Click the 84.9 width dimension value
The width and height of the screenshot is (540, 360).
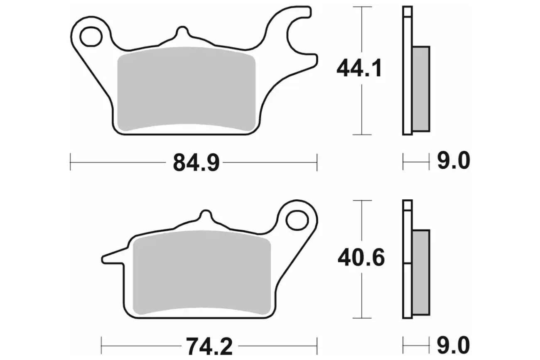(196, 163)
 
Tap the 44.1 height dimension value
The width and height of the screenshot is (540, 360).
(359, 68)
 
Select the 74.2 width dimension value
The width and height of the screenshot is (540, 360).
(209, 346)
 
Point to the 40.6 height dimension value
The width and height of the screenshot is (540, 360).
(361, 258)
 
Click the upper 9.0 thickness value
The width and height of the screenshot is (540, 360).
(454, 160)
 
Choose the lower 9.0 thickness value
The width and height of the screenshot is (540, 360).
(454, 345)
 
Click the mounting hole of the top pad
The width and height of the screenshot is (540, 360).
(91, 37)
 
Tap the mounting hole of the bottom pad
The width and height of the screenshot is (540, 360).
(297, 220)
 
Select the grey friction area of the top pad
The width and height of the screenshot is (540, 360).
(186, 89)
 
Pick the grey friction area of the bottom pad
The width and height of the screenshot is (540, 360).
(202, 272)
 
